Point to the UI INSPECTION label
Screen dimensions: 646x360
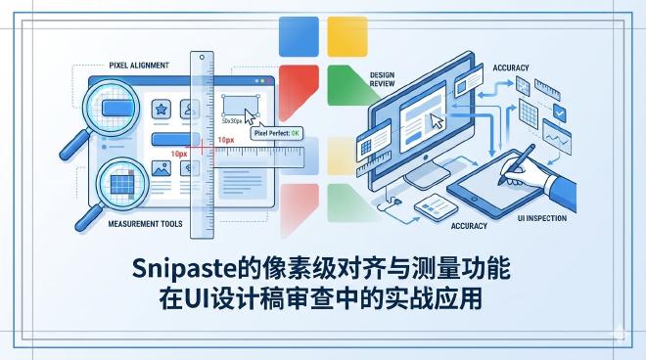click(x=539, y=218)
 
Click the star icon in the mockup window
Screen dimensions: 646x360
click(x=161, y=109)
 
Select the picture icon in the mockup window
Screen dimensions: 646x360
click(x=161, y=168)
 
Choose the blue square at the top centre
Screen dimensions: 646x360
click(x=299, y=36)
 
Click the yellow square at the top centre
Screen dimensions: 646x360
click(x=346, y=36)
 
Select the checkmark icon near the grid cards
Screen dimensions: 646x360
click(x=561, y=113)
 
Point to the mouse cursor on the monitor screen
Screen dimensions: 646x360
click(x=438, y=122)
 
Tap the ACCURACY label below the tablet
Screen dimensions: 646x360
click(x=469, y=225)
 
